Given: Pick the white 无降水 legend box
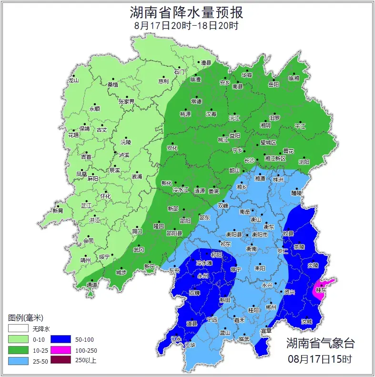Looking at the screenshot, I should tap(18, 328).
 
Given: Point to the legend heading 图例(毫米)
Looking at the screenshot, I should tap(26, 317).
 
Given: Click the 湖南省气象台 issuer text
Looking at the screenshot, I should tap(320, 343).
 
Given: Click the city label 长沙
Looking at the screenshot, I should tap(249, 160).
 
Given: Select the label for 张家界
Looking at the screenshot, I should tap(127, 102).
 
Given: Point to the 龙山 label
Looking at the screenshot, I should tap(73, 81).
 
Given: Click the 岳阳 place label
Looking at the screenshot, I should tap(274, 84).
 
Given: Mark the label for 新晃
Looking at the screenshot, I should tap(58, 211).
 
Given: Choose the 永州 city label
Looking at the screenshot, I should tap(203, 275).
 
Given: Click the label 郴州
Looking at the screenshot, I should tap(271, 307).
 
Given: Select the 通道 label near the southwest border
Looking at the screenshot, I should tap(92, 285).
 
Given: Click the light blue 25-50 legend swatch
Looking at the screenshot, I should tap(18, 360).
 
